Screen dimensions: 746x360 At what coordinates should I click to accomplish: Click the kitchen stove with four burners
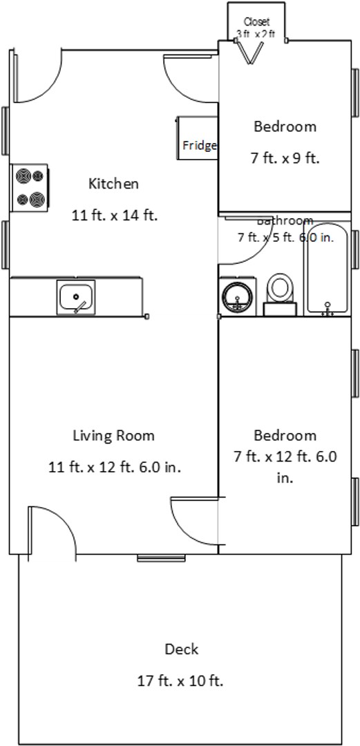click(x=30, y=188)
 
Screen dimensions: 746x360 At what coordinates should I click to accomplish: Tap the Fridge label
click(x=199, y=146)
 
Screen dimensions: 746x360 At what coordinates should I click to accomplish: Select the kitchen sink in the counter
click(x=75, y=298)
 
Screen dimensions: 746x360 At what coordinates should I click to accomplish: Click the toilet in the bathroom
click(x=281, y=294)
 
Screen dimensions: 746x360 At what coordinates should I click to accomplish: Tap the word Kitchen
click(x=113, y=184)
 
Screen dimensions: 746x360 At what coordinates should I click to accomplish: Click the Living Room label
click(x=113, y=436)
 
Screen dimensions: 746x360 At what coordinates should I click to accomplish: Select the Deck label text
click(x=181, y=649)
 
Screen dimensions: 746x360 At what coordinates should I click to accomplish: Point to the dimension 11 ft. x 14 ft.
click(x=115, y=215)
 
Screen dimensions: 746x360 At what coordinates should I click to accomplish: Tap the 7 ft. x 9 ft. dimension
click(x=285, y=158)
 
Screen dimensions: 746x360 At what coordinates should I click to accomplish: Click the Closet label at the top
click(x=256, y=22)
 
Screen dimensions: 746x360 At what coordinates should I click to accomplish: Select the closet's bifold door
click(x=249, y=52)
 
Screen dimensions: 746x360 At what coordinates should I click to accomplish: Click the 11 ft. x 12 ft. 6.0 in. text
click(x=115, y=467)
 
